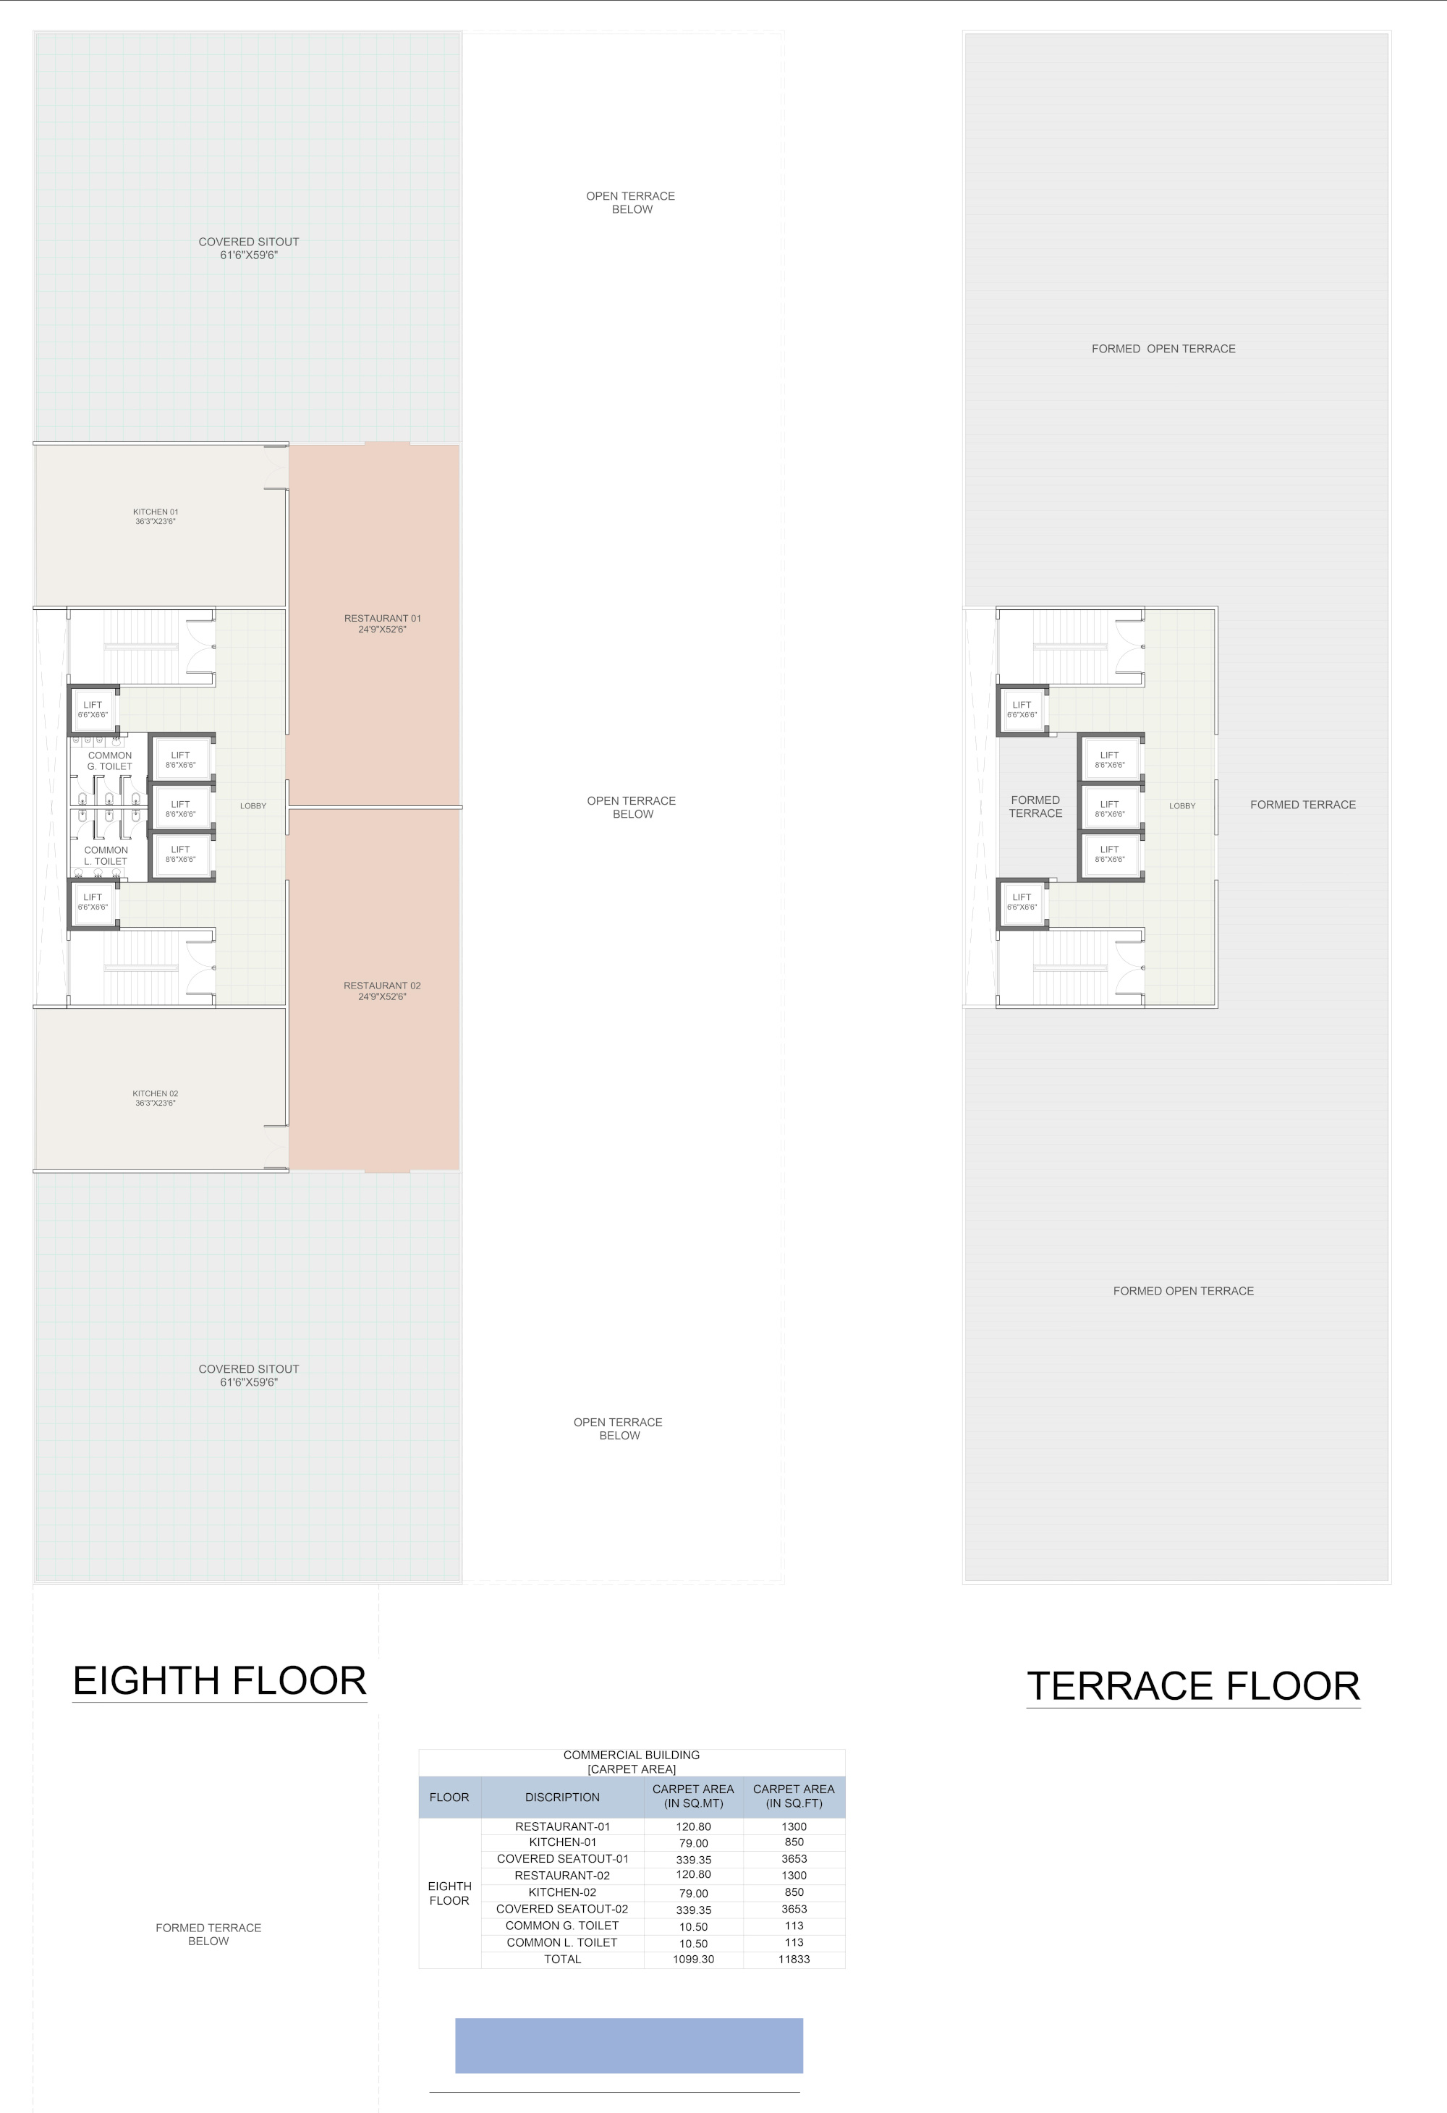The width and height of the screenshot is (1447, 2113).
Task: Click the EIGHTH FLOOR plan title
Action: pyautogui.click(x=219, y=1680)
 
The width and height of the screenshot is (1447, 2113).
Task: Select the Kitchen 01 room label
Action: pyautogui.click(x=156, y=517)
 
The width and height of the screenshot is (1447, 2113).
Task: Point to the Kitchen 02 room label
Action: pyautogui.click(x=156, y=1098)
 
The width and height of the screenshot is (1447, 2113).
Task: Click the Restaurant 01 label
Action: pyautogui.click(x=383, y=624)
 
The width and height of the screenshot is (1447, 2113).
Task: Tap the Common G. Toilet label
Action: pyautogui.click(x=110, y=761)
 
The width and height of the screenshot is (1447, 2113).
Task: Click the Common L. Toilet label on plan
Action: pyautogui.click(x=106, y=855)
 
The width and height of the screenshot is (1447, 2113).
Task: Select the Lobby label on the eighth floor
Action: pyautogui.click(x=254, y=805)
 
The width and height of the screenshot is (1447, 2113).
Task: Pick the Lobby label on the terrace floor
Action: pyautogui.click(x=1182, y=805)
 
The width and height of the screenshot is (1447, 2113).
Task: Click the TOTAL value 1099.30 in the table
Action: pyautogui.click(x=694, y=1960)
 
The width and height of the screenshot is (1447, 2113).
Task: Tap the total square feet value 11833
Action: pyautogui.click(x=794, y=1960)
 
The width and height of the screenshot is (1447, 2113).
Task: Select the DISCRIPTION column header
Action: pyautogui.click(x=563, y=1797)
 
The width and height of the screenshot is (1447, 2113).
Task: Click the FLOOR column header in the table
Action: pyautogui.click(x=449, y=1797)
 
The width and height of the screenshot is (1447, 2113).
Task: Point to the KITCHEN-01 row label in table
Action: pyautogui.click(x=563, y=1842)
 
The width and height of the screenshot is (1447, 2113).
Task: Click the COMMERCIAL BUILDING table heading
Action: pyautogui.click(x=632, y=1755)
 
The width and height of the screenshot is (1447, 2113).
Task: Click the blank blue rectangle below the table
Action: pyautogui.click(x=629, y=2046)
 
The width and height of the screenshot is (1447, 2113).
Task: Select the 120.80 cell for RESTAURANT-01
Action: pyautogui.click(x=694, y=1826)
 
